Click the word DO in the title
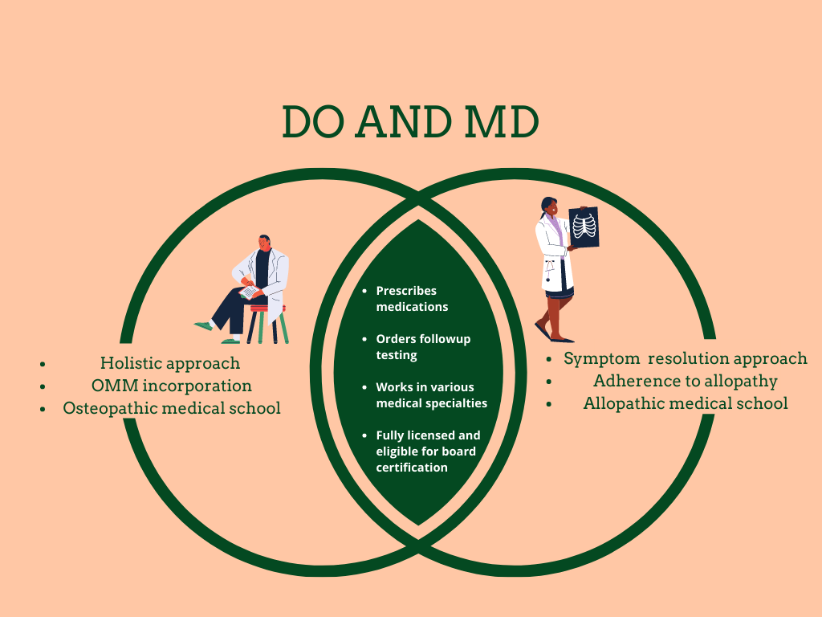coord(315,122)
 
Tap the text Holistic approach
coord(170,363)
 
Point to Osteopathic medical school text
coord(172,408)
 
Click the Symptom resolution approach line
coord(686,358)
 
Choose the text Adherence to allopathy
coord(686,381)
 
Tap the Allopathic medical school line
coord(686,403)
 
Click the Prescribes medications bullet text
coord(412,298)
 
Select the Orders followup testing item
coord(423,346)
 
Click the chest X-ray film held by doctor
coord(584,227)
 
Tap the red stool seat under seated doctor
coord(268,308)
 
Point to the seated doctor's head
coord(264,243)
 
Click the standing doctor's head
coord(549,207)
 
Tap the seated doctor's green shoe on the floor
coord(204,326)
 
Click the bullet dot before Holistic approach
coord(43,364)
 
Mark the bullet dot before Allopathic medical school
coord(549,404)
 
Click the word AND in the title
coord(405,122)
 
